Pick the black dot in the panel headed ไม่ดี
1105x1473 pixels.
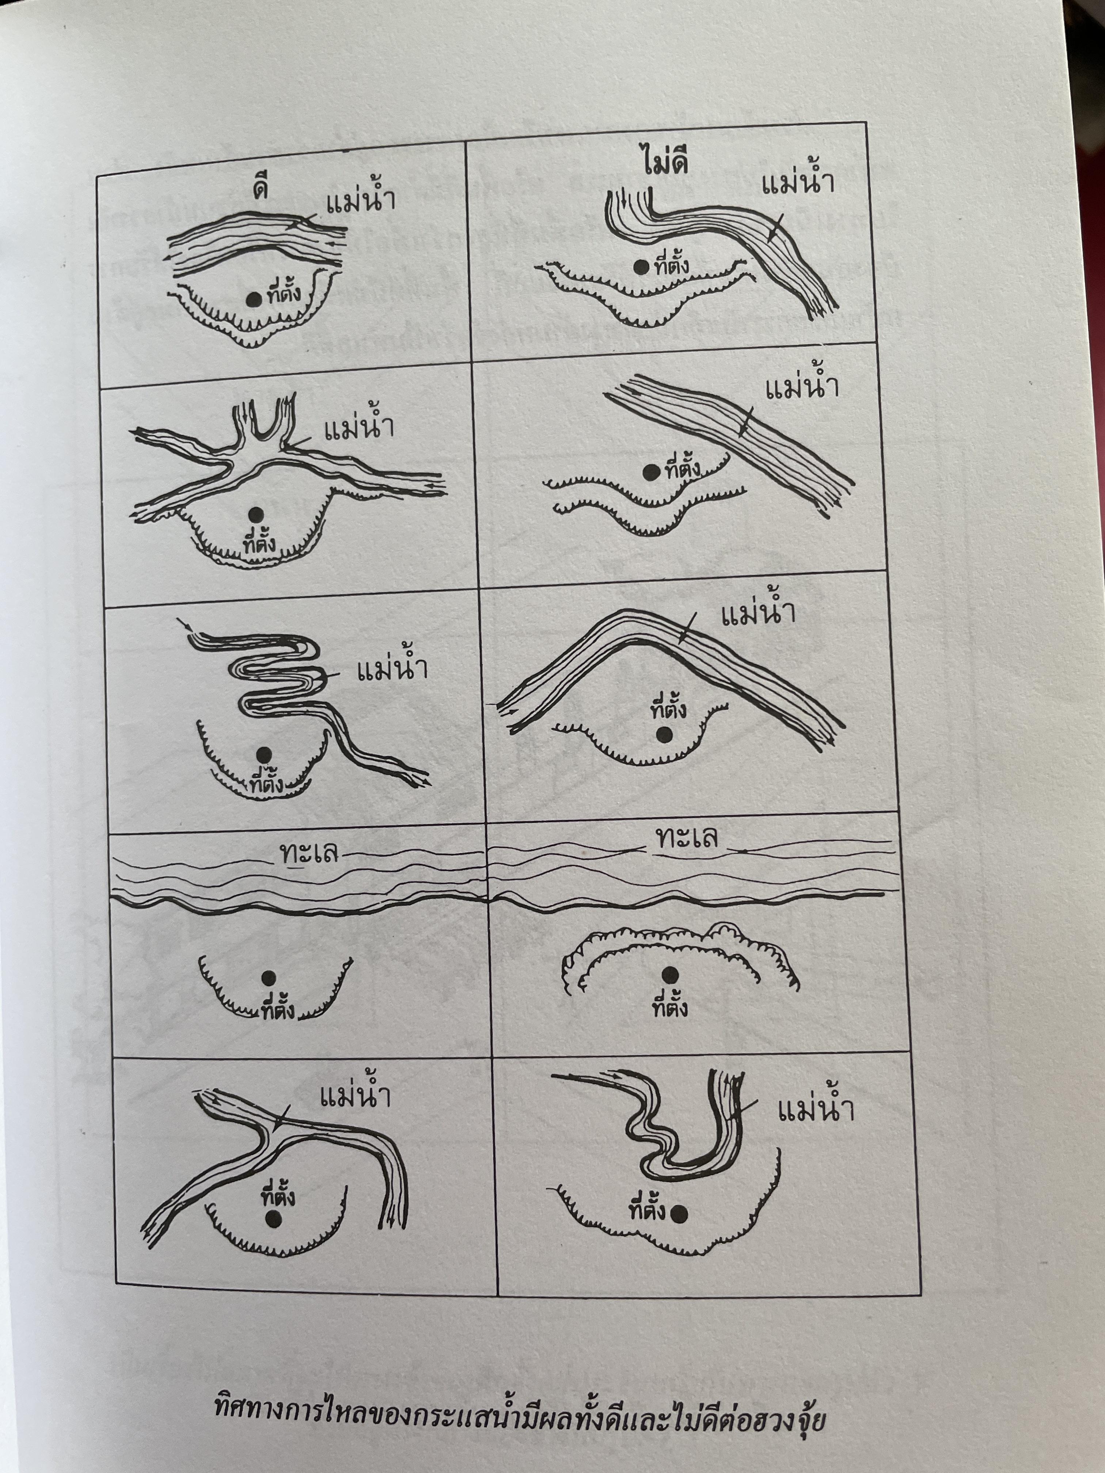coord(641,267)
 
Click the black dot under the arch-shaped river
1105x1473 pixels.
coord(663,735)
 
